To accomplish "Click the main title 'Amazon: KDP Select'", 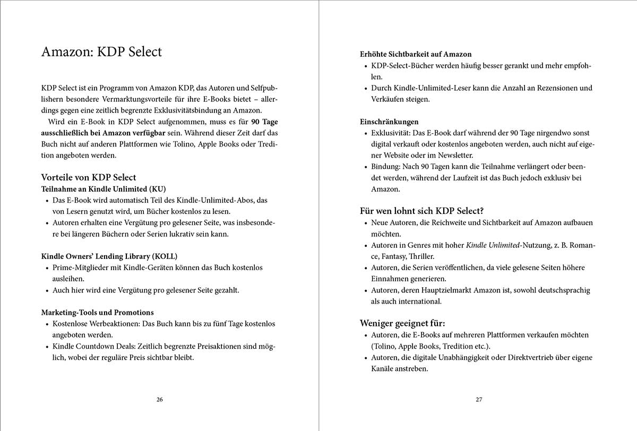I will (x=101, y=53).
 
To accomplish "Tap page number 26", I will (x=159, y=400).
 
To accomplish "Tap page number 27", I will (x=478, y=400).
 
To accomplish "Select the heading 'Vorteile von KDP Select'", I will (x=89, y=177).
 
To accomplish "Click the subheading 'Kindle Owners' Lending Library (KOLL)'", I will (x=109, y=256).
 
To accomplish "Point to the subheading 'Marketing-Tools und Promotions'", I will (x=97, y=312).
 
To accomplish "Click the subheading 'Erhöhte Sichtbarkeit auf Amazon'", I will (x=416, y=54).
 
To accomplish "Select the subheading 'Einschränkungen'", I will (x=389, y=122).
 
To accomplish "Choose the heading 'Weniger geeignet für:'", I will (x=402, y=323).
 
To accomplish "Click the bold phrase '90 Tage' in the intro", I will (x=265, y=122).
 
